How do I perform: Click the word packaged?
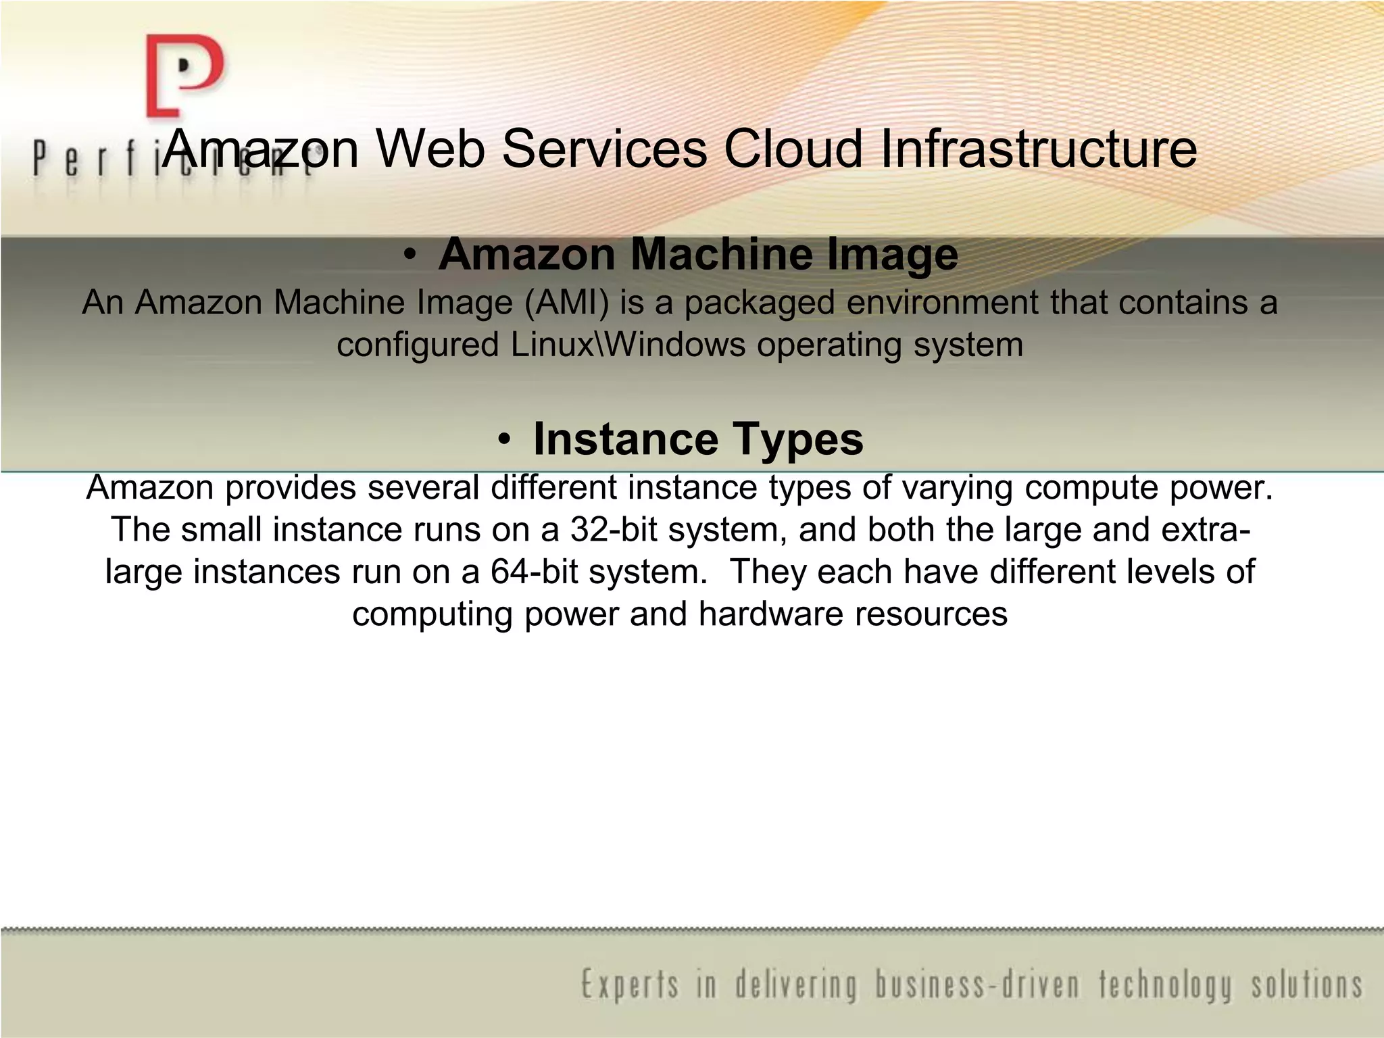[x=760, y=303]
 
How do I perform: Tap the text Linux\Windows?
[x=628, y=345]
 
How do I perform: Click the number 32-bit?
[x=614, y=530]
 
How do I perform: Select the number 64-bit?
[x=534, y=572]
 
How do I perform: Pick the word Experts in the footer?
[x=630, y=985]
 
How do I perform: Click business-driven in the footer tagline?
[x=977, y=985]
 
